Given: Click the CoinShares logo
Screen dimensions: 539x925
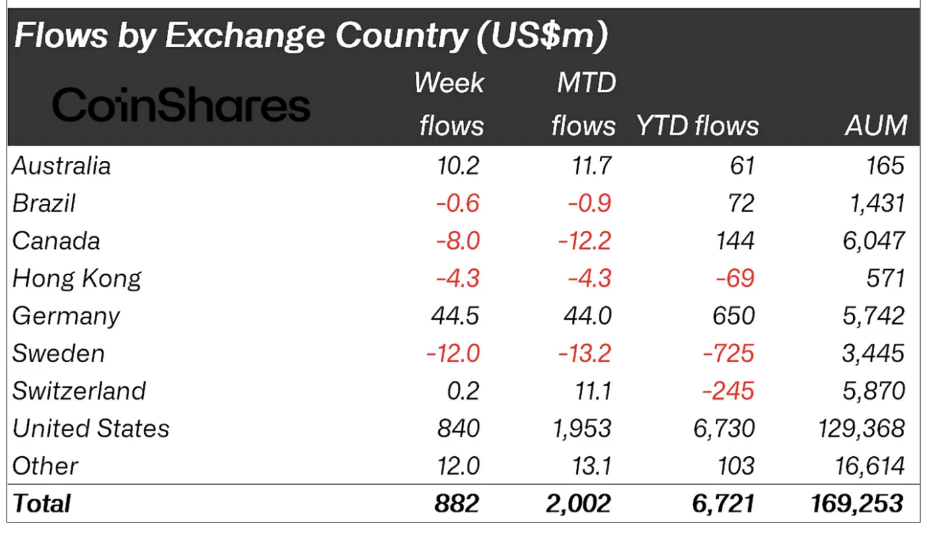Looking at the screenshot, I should (x=180, y=106).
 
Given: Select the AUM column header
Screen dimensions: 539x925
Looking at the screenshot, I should (x=876, y=126).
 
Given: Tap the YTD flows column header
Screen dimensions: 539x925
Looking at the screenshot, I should (x=697, y=126).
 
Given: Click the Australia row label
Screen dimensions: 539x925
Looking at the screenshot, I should (x=61, y=166).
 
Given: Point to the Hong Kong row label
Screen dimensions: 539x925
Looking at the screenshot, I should (x=77, y=279).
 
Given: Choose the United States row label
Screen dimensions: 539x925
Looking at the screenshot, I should (x=91, y=429).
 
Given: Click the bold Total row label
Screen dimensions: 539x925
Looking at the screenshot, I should (x=42, y=503).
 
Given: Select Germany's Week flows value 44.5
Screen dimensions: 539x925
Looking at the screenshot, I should (x=455, y=316).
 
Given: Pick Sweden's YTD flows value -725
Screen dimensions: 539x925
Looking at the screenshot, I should (x=729, y=353).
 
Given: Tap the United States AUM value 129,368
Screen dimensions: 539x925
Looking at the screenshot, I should (x=861, y=429).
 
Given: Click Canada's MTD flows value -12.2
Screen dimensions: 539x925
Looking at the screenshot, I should (x=584, y=241).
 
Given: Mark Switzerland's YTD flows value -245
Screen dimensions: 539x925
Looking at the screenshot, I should (x=729, y=391).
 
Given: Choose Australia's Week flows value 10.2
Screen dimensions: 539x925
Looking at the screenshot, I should (x=457, y=166).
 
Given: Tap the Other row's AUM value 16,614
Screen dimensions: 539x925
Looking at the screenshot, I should (x=868, y=466).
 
